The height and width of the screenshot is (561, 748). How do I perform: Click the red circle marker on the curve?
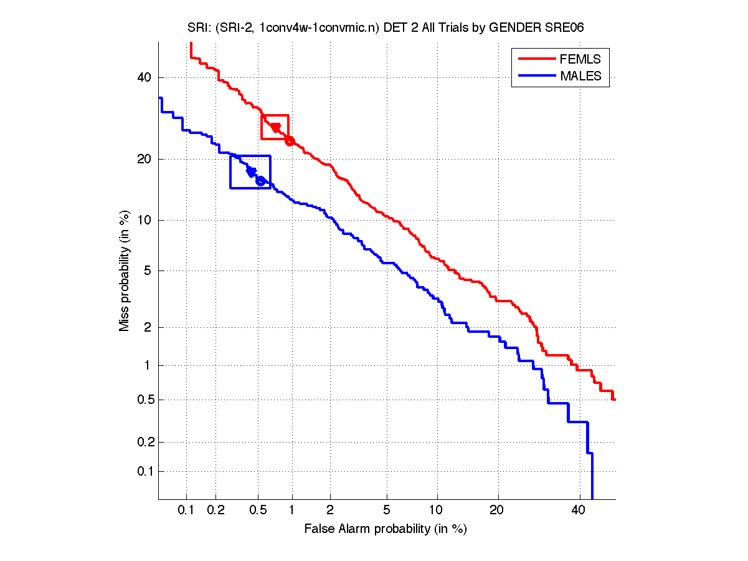click(x=290, y=141)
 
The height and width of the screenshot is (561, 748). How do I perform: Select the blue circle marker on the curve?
click(x=260, y=181)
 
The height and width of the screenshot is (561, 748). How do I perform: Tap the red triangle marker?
click(x=275, y=128)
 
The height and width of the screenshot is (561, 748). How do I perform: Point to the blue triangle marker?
click(x=252, y=171)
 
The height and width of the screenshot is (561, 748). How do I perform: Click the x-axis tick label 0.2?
click(x=215, y=510)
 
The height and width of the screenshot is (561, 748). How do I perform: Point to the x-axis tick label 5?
click(x=387, y=510)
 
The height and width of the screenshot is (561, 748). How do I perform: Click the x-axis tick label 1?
click(x=292, y=510)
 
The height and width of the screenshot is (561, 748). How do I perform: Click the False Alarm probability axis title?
click(x=386, y=529)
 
